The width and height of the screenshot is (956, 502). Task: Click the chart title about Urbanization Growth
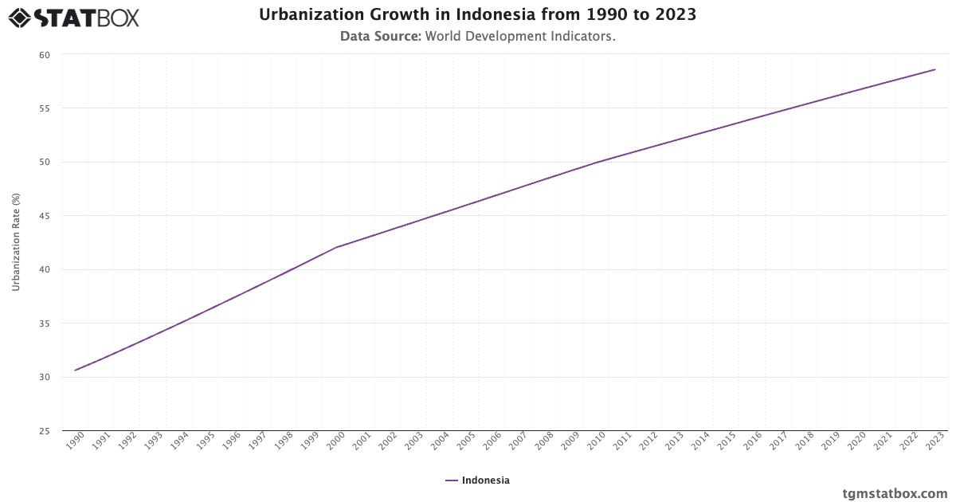[x=477, y=15]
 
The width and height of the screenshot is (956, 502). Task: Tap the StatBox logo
[x=74, y=17]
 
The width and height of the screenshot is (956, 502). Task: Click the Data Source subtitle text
[x=477, y=37]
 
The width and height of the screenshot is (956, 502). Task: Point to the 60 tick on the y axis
[x=45, y=55]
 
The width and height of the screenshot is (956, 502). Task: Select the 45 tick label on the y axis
[x=45, y=216]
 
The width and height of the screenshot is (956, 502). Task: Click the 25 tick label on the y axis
[x=45, y=431]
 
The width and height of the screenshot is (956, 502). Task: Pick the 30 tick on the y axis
[x=45, y=377]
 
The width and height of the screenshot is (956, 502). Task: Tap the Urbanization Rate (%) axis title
[x=16, y=243]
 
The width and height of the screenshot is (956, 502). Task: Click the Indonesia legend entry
[x=478, y=480]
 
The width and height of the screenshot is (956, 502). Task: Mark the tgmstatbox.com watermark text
[x=895, y=493]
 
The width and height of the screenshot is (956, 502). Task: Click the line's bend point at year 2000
[x=336, y=247]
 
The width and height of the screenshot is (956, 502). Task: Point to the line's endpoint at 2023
[x=935, y=69]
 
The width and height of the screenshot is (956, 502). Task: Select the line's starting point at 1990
[x=76, y=370]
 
